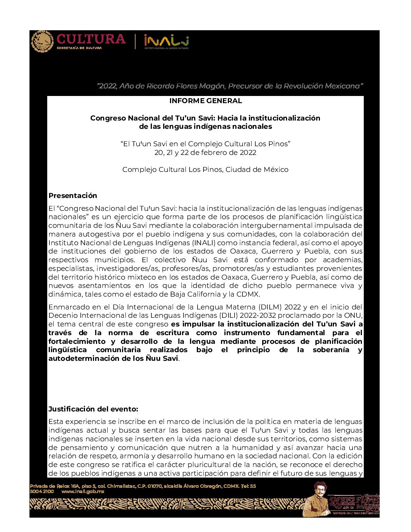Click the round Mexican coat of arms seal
click(42, 42)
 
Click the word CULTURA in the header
click(91, 39)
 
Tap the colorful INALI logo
click(166, 40)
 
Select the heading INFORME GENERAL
click(205, 101)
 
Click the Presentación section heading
click(73, 196)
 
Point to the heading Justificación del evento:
click(93, 409)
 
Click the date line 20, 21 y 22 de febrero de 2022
click(205, 153)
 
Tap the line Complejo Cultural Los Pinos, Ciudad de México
click(205, 170)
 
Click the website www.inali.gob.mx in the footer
click(83, 492)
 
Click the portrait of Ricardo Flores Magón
click(318, 499)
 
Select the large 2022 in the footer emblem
click(341, 502)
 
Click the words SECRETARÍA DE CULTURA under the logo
click(79, 48)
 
